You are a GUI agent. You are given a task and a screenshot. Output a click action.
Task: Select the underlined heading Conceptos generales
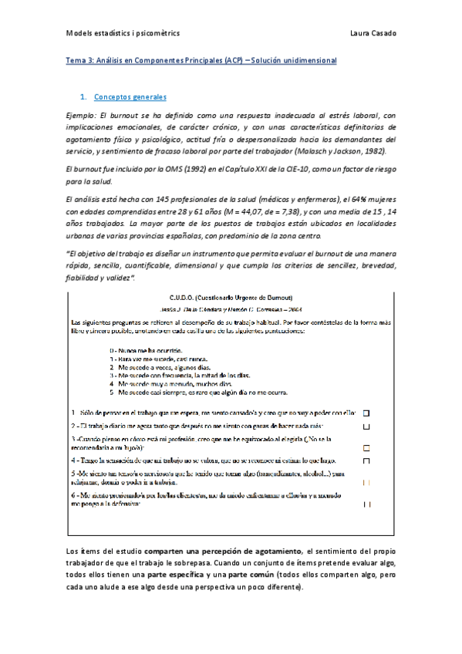point(130,97)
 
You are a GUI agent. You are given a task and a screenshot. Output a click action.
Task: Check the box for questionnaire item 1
point(366,412)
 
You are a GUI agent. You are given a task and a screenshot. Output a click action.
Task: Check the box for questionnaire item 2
point(366,426)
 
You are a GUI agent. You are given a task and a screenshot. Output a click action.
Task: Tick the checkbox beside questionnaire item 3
point(366,447)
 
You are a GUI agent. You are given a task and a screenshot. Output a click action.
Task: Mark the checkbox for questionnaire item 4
point(366,461)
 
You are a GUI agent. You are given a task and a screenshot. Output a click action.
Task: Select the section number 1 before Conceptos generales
point(83,97)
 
